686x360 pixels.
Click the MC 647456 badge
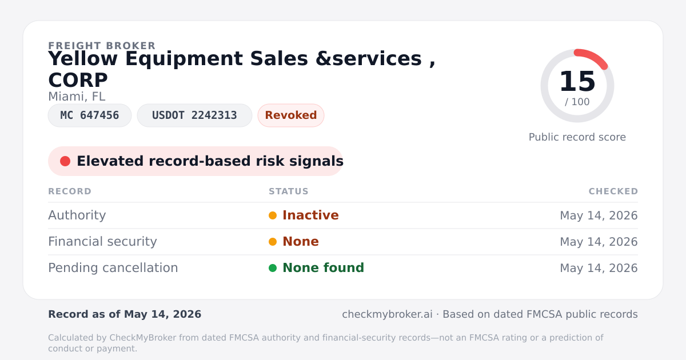[90, 115]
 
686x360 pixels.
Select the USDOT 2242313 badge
[194, 115]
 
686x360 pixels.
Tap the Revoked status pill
[291, 115]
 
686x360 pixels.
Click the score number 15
[577, 81]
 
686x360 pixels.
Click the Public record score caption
[577, 137]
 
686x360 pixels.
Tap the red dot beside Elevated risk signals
[65, 161]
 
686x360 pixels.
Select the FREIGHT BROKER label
[102, 46]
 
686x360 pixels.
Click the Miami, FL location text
[77, 97]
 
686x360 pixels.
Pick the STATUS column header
[289, 191]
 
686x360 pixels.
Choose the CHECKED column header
[613, 191]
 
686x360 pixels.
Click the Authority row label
[77, 215]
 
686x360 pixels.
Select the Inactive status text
[310, 215]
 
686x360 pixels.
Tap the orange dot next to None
[273, 242]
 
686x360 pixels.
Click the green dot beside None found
[273, 268]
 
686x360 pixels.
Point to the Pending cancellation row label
[113, 268]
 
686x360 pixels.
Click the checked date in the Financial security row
[599, 242]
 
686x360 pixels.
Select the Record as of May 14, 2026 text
[125, 314]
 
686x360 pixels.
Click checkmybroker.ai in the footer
[387, 314]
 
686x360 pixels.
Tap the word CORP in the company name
[78, 80]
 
